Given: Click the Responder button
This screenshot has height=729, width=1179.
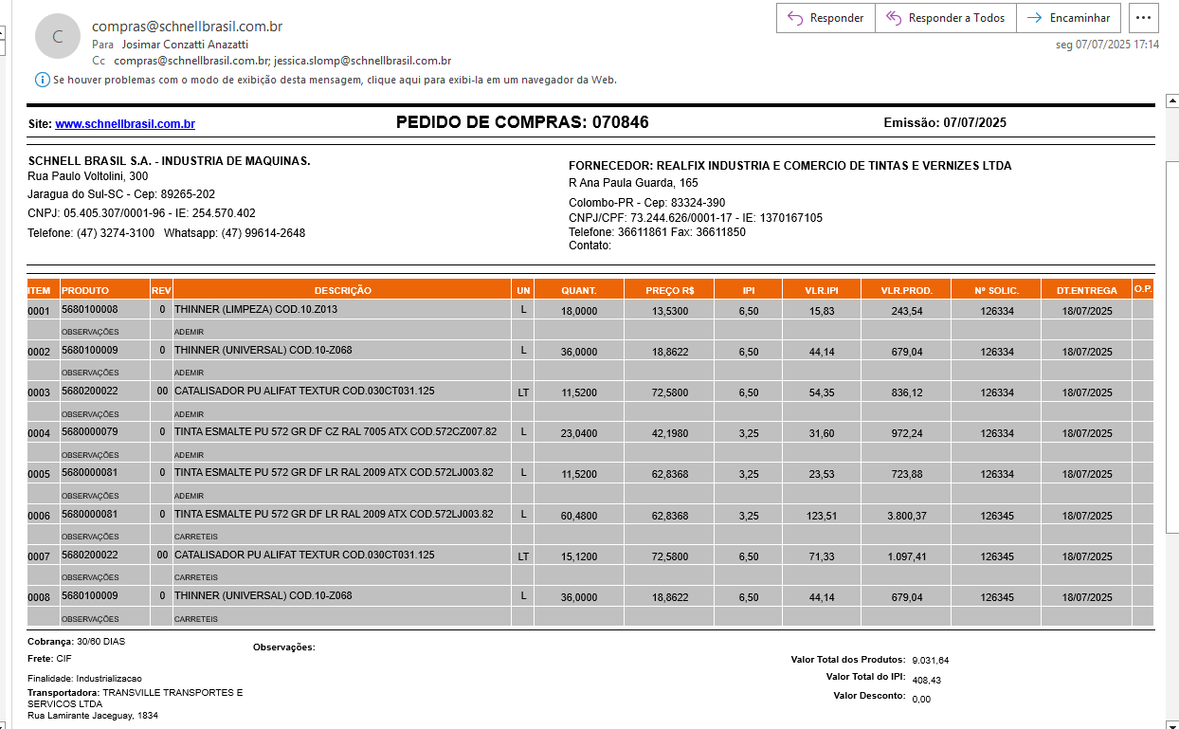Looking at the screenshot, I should pyautogui.click(x=825, y=18).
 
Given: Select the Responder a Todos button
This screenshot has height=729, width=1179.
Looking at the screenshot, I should pyautogui.click(x=945, y=18).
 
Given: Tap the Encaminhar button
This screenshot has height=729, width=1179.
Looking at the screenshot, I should pyautogui.click(x=1068, y=18).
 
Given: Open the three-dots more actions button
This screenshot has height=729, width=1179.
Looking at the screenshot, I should pyautogui.click(x=1145, y=18).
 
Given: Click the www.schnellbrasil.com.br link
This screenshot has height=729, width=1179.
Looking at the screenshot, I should pyautogui.click(x=125, y=124).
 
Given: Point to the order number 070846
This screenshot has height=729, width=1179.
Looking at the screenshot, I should pyautogui.click(x=621, y=122).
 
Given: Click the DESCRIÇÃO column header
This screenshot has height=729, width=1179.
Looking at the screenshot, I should pyautogui.click(x=342, y=290).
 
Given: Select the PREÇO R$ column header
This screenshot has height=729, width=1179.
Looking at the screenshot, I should pyautogui.click(x=669, y=290).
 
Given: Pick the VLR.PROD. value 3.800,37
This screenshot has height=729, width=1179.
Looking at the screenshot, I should pyautogui.click(x=904, y=516).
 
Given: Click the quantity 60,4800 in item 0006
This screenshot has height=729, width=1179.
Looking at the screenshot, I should pyautogui.click(x=579, y=516).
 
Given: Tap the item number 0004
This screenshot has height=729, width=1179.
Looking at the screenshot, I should pyautogui.click(x=39, y=434).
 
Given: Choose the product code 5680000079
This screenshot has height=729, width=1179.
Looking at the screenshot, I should pyautogui.click(x=90, y=433).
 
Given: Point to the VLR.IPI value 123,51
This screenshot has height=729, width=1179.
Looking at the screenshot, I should pyautogui.click(x=821, y=516).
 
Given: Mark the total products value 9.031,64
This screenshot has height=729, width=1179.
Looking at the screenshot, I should pyautogui.click(x=930, y=660).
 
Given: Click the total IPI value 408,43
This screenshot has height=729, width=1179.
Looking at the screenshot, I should pyautogui.click(x=926, y=680).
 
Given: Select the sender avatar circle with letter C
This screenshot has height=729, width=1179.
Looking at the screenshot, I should pyautogui.click(x=58, y=37).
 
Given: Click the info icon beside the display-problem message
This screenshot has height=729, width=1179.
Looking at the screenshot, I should pyautogui.click(x=42, y=80).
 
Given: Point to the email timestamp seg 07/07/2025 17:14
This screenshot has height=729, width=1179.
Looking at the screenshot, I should pyautogui.click(x=1107, y=44).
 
